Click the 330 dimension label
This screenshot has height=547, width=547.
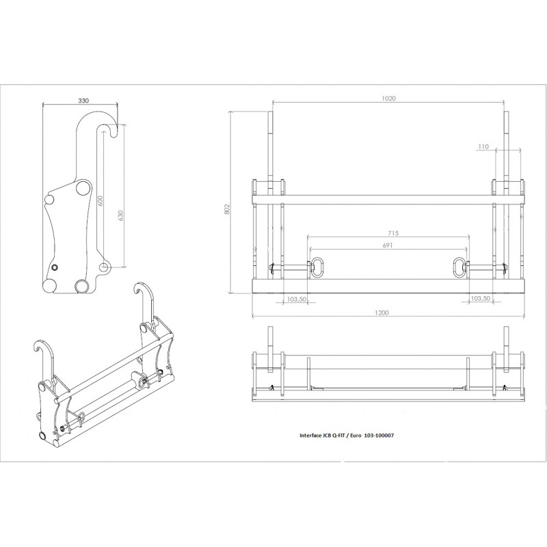[83, 101]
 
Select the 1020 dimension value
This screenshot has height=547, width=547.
[388, 98]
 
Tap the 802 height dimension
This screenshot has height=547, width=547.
[227, 209]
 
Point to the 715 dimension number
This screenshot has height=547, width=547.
[392, 232]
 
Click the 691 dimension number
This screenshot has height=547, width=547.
[388, 245]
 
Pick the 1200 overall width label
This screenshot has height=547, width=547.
[382, 312]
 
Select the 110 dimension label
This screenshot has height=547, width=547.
[483, 146]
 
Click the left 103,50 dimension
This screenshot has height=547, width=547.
[297, 299]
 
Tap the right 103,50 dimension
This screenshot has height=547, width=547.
[481, 298]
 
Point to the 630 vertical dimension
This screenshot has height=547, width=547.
[121, 215]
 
